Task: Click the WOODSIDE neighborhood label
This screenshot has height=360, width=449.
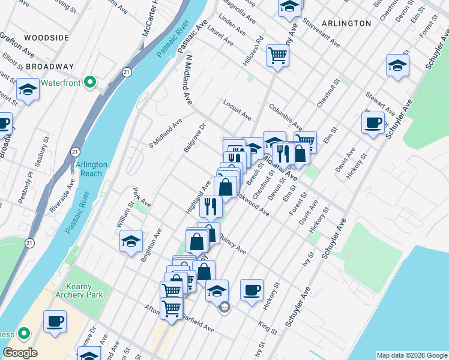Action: [47, 38]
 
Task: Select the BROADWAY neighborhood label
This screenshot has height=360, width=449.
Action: [50, 67]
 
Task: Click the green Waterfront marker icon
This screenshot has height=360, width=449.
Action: [91, 82]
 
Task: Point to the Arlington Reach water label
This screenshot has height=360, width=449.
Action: [91, 169]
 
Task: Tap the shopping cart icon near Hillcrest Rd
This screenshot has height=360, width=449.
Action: [278, 56]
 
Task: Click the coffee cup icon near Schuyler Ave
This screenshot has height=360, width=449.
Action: [373, 123]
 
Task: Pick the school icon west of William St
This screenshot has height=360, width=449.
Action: [131, 241]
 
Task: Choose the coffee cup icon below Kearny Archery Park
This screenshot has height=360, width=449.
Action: [55, 320]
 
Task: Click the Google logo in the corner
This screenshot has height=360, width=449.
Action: [20, 353]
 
